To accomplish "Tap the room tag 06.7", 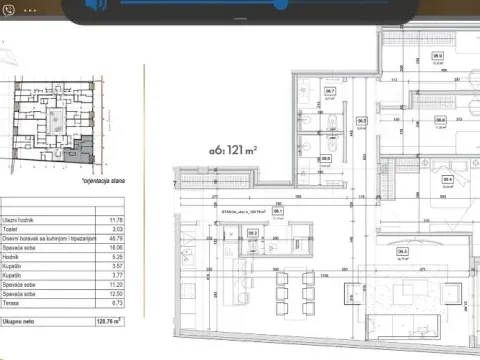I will coord(332,93).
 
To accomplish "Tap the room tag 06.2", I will coord(253,234).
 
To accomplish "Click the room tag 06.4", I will coord(448,180).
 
